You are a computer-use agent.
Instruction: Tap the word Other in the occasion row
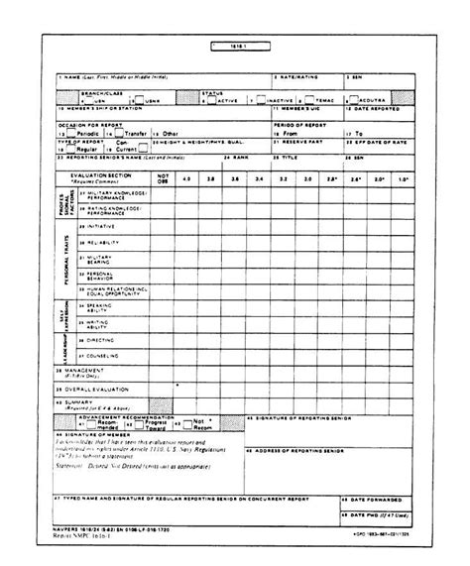point(172,132)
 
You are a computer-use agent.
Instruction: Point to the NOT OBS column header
point(165,178)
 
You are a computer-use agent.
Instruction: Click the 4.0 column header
point(188,178)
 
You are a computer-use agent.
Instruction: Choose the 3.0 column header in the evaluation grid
point(309,178)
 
